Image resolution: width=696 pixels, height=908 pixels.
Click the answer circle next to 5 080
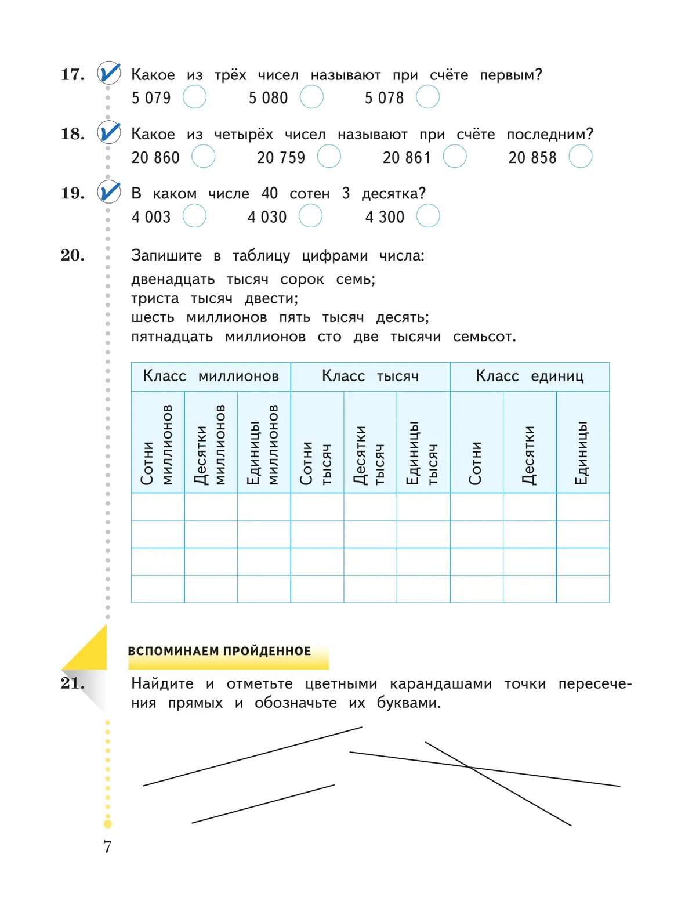(x=311, y=97)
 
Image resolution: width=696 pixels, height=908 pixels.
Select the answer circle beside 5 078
(x=427, y=97)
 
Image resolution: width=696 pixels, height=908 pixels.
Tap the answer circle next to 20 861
(x=455, y=157)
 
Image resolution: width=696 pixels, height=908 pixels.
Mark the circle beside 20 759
(x=329, y=157)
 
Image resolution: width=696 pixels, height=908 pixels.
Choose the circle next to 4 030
(x=310, y=216)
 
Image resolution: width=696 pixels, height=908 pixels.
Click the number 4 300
(x=385, y=217)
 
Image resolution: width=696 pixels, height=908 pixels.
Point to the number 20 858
(x=532, y=158)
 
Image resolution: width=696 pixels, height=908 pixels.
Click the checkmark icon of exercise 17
(x=109, y=74)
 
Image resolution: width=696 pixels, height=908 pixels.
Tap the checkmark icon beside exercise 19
(x=109, y=192)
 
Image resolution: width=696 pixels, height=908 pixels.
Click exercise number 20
(x=72, y=255)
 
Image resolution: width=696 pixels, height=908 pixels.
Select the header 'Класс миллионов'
(x=211, y=377)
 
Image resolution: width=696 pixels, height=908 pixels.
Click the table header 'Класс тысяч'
(x=370, y=377)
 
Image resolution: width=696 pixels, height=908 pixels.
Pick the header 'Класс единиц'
(x=530, y=377)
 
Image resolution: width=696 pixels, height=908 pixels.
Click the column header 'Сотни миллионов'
(x=157, y=444)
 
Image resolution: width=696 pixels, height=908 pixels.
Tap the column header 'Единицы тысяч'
(x=423, y=453)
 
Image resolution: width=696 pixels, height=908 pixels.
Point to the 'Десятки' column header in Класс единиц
(x=529, y=455)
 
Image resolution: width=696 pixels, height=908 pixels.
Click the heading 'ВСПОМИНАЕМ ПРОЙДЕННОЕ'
(x=219, y=652)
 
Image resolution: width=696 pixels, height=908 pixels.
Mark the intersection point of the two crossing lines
(x=469, y=767)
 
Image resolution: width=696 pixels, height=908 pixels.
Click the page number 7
(x=107, y=847)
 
